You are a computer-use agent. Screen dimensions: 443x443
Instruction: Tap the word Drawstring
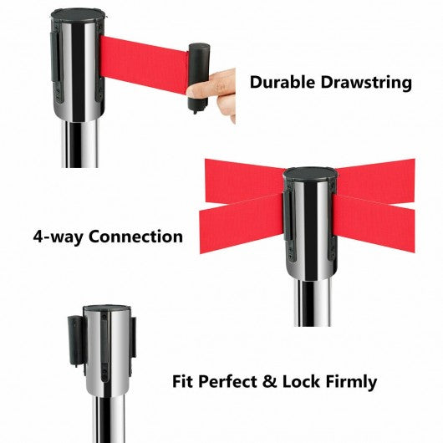[x=366, y=83]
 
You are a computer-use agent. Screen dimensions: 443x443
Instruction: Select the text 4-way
[x=59, y=237]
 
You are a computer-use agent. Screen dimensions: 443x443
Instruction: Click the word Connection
[x=135, y=237]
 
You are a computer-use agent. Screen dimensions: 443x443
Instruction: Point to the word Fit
[x=182, y=381]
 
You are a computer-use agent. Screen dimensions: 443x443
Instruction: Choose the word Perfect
[x=227, y=381]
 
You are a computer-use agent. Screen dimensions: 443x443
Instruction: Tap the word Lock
[x=302, y=381]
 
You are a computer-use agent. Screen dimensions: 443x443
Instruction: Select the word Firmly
[x=351, y=382]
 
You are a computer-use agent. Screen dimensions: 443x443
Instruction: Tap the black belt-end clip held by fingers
[x=199, y=78]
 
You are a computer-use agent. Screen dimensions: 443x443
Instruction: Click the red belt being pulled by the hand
[x=145, y=64]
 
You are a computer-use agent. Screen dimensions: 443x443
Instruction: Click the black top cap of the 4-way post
[x=310, y=174]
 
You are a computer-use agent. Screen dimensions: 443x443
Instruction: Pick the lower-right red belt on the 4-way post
[x=374, y=223]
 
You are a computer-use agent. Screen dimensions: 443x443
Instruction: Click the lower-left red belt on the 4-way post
[x=242, y=223]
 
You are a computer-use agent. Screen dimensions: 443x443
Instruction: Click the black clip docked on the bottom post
[x=76, y=340]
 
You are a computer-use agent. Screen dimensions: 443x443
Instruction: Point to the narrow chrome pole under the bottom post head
[x=109, y=420]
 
